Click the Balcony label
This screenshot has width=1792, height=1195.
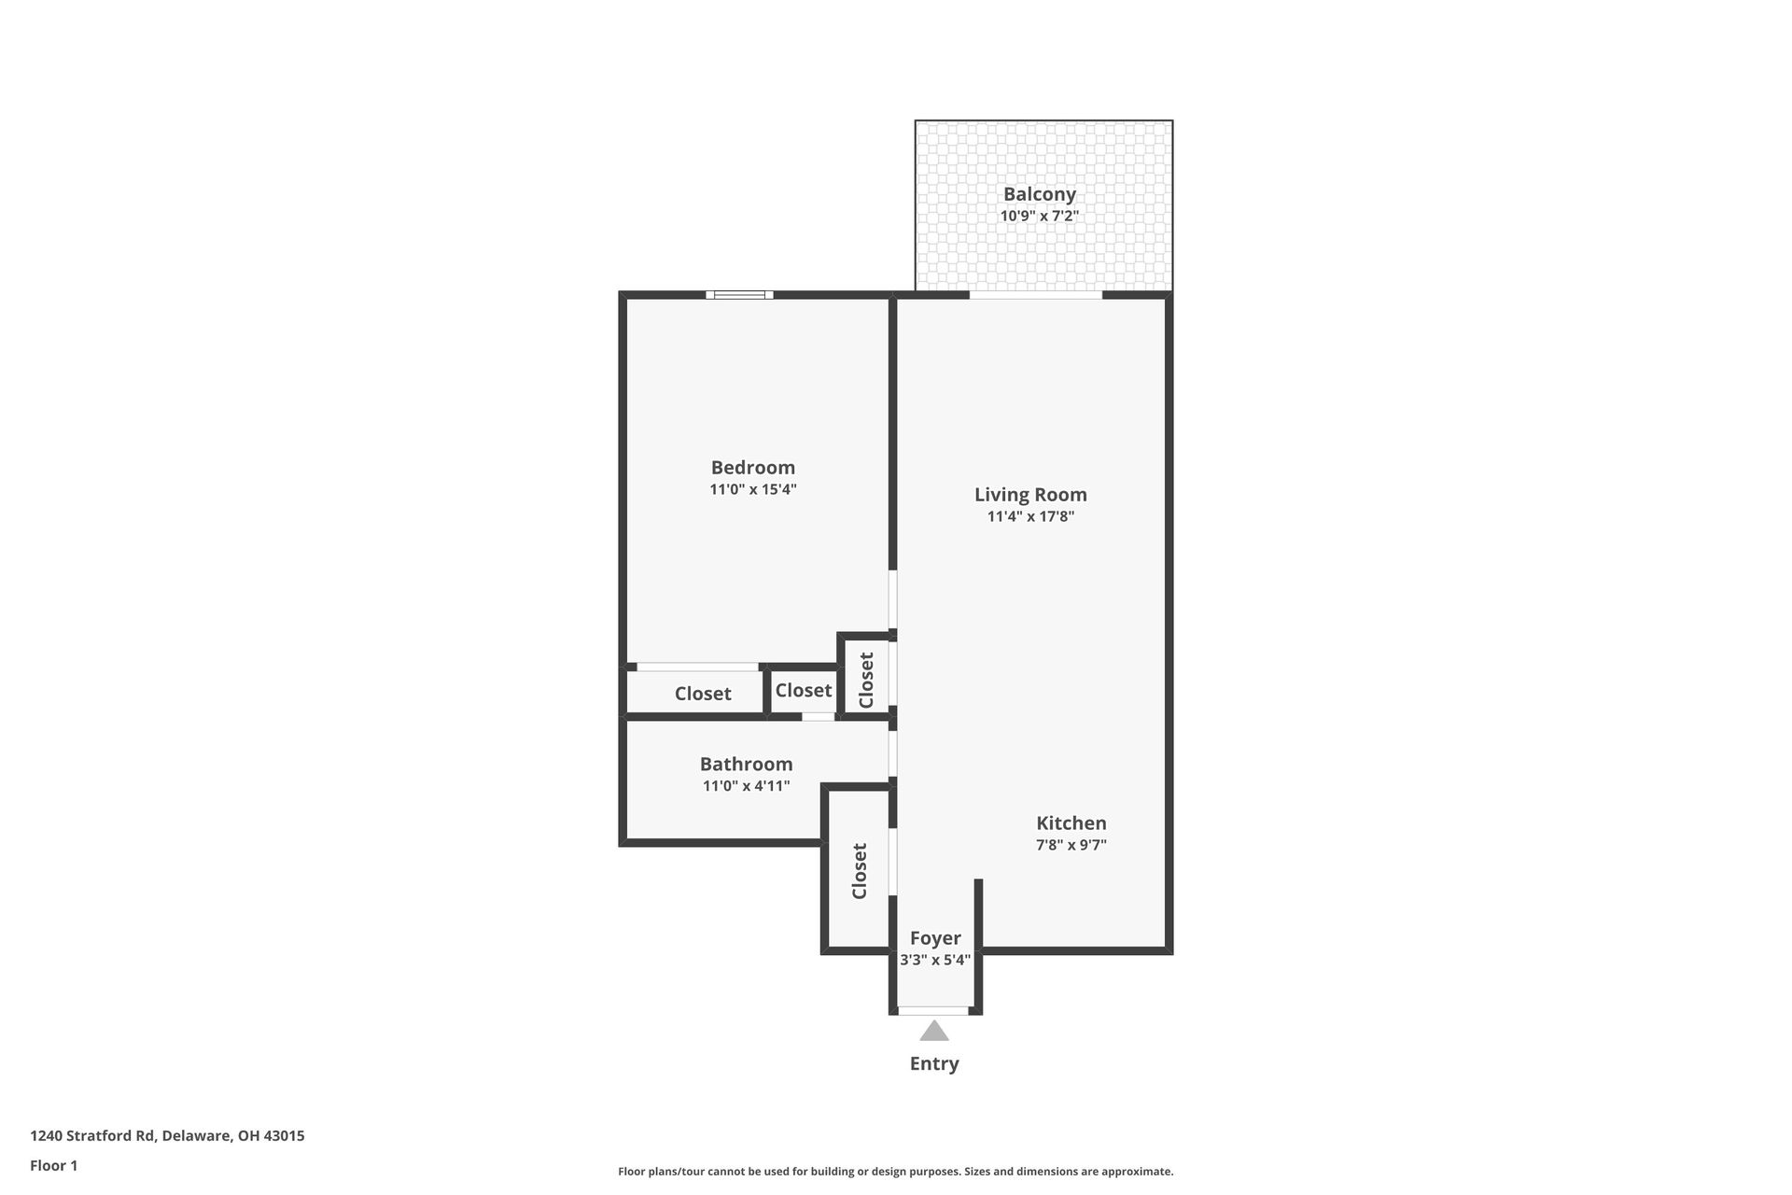coord(1039,194)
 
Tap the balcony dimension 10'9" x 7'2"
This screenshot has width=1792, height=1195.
coord(1039,216)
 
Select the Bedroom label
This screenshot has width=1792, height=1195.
coord(752,468)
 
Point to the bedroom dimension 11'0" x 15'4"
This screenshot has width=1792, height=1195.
coord(752,489)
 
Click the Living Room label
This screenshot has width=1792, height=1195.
coord(1030,495)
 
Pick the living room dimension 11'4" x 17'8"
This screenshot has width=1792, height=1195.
coord(1030,516)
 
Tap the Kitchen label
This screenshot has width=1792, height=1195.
coord(1071,823)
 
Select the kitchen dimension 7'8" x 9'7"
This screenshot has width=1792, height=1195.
coord(1071,845)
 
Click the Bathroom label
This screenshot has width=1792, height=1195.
coord(746,765)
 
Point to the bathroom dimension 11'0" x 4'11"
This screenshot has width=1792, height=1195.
coord(746,786)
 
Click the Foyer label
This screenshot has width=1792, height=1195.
coord(934,938)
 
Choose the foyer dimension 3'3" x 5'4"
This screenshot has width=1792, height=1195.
coord(934,960)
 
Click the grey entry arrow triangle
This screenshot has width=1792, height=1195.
coord(933,1032)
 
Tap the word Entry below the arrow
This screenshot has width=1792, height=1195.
coord(933,1063)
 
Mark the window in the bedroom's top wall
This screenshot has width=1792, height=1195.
coord(738,295)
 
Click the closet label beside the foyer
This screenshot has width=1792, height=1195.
coord(860,871)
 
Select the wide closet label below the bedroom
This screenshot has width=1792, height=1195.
coord(702,694)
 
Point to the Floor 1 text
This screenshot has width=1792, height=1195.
coord(53,1165)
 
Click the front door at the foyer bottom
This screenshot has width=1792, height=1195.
coord(932,1010)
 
